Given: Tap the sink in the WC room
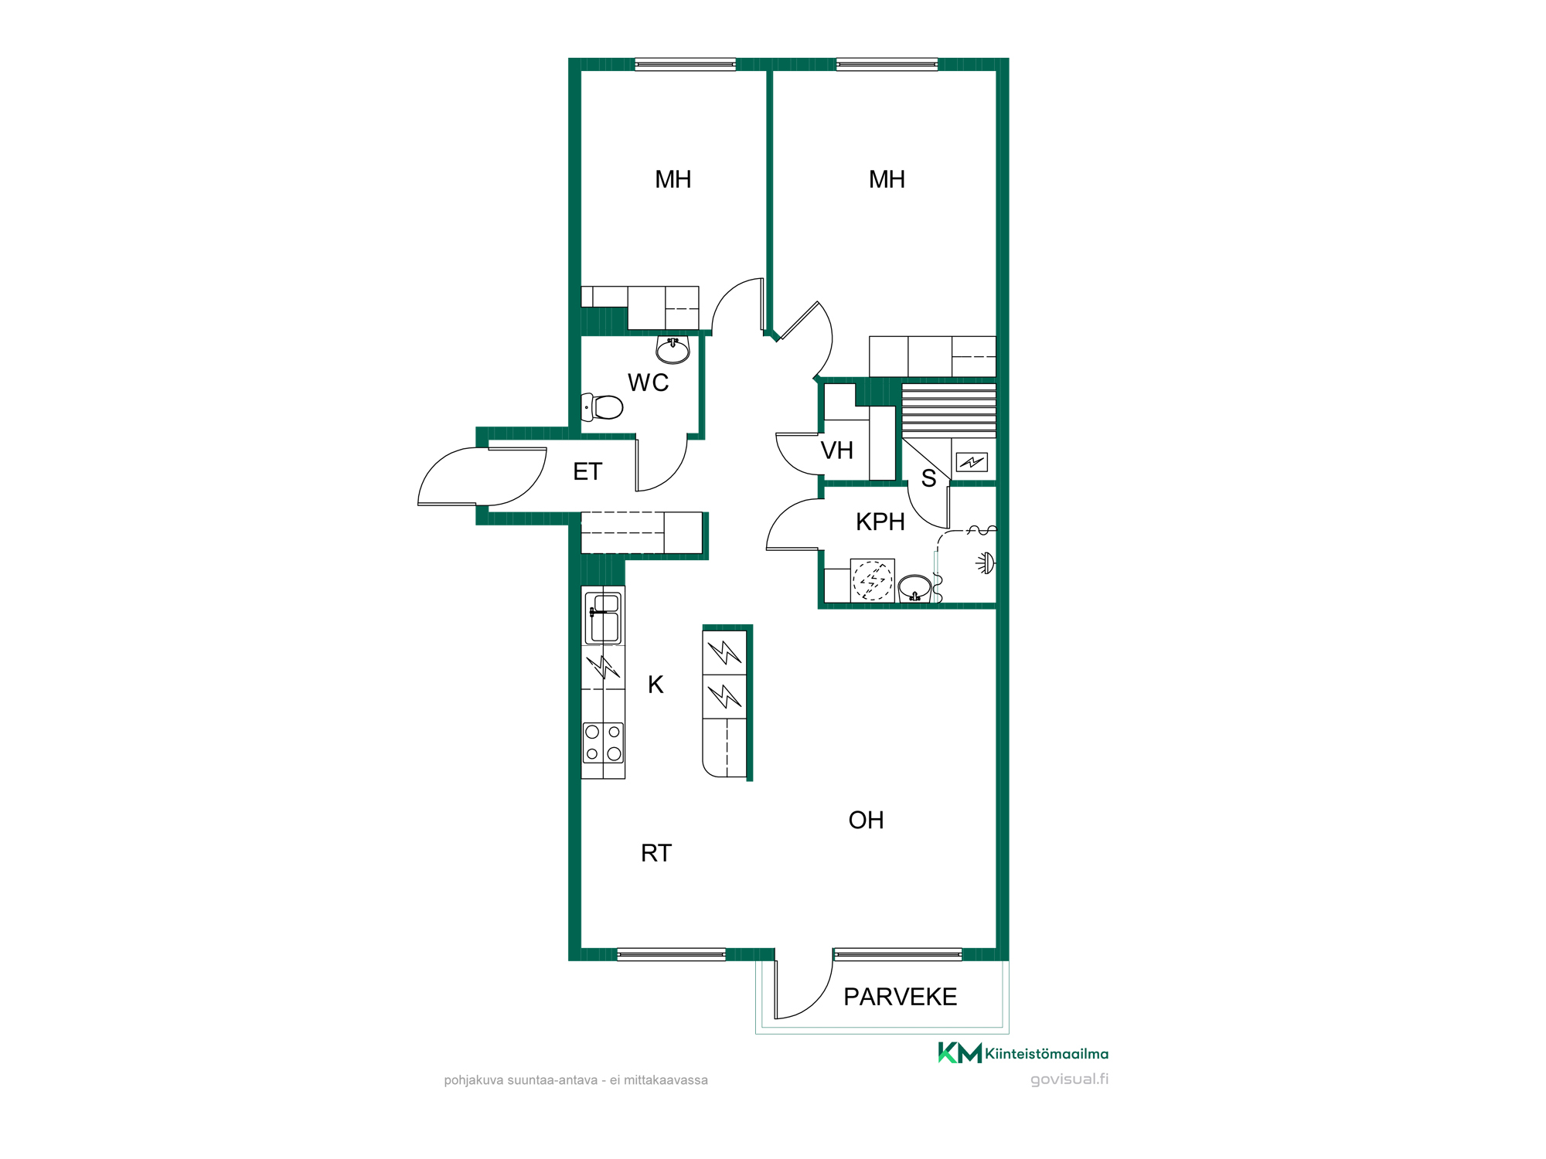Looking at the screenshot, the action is [673, 350].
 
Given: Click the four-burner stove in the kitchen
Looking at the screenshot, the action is [603, 743].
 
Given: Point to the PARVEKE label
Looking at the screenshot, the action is [900, 997].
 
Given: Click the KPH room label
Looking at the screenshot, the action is [880, 522].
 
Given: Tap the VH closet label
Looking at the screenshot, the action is [836, 450].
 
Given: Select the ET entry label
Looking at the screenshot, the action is [587, 471].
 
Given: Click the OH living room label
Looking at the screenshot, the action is [866, 820].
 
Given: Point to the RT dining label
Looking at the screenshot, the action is [656, 853].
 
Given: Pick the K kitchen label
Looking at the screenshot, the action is [656, 685].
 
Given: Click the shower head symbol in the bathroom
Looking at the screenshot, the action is [986, 563].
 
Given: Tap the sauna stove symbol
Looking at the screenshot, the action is [972, 462].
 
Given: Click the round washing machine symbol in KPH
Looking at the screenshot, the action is [873, 580].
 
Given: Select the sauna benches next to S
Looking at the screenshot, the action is [949, 410].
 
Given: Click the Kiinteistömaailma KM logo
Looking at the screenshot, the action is [1023, 1053].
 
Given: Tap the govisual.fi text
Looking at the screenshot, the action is [1070, 1079].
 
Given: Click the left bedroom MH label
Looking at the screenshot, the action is [673, 179].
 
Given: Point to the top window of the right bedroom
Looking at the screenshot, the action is [887, 64].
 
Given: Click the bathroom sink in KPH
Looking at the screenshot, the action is [915, 588].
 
